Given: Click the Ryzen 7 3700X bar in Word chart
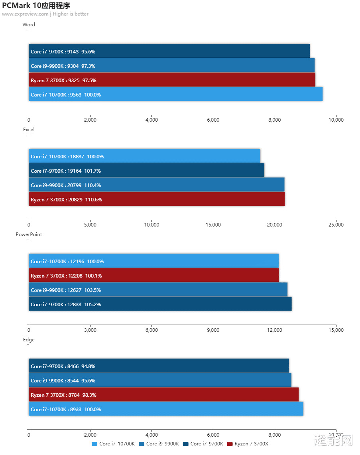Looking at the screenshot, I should point(172,80).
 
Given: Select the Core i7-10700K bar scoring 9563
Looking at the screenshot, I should point(175,95).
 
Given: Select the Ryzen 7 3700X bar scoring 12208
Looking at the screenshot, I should point(154,276).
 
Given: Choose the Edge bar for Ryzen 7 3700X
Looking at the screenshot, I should point(163,395).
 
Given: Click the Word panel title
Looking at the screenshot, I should point(29,25).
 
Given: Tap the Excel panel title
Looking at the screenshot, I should point(29,130).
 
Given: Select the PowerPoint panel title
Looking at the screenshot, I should point(29,234).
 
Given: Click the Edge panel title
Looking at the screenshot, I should point(29,340).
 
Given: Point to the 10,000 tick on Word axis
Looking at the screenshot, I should point(336,120).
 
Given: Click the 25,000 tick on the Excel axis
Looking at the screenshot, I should point(336,225).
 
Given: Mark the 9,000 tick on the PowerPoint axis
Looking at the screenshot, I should point(213,330).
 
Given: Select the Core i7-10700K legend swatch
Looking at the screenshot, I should point(94,444).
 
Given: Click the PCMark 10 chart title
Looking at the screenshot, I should point(36,6).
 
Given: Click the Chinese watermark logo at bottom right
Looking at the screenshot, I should point(333,440).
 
